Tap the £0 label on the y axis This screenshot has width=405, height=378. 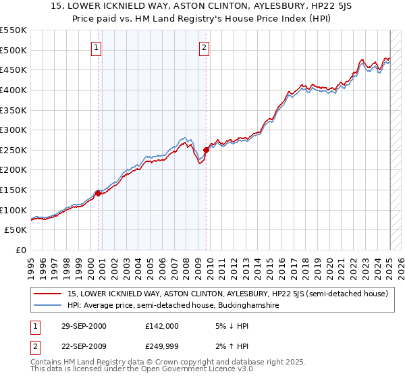coord(22,250)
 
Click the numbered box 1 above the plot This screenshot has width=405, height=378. coord(97,48)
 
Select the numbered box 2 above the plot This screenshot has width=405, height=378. coord(204,48)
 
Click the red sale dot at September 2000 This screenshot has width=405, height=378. coord(98,193)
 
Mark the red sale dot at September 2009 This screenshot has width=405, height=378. coord(206,150)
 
